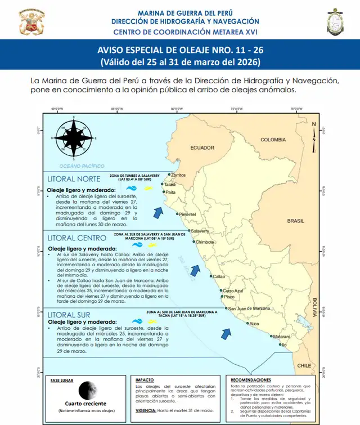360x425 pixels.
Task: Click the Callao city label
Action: (218, 276)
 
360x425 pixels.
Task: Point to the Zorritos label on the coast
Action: (178, 175)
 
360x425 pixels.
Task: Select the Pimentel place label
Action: (187, 214)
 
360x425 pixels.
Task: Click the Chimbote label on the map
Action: (204, 242)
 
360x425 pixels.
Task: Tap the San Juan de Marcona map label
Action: (249, 308)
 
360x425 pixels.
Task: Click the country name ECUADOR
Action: (202, 148)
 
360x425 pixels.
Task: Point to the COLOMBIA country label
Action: (273, 140)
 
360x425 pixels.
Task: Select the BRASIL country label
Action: (295, 221)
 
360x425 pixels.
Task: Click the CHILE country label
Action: (304, 365)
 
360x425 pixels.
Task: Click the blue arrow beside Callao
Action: (195, 271)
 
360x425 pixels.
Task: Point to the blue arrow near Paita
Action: (158, 212)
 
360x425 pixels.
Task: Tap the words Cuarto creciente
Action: (85, 404)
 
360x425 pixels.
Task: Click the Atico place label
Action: (254, 324)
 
